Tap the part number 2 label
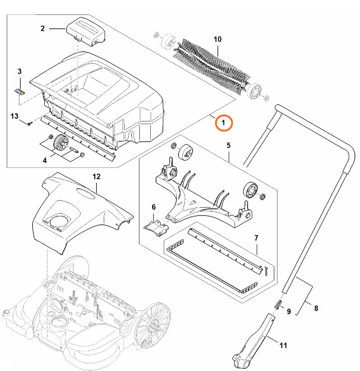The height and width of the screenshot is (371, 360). (x=42, y=28)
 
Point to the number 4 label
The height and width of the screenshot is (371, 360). (x=45, y=160)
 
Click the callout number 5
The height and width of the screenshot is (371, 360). (x=228, y=145)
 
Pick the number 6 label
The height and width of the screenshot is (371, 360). (x=153, y=207)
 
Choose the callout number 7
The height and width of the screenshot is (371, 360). (x=256, y=237)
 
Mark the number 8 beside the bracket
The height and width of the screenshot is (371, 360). (x=316, y=309)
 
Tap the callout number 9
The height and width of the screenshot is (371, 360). (x=289, y=311)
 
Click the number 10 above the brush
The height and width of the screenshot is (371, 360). (x=217, y=40)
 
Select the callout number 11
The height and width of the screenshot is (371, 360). (x=283, y=346)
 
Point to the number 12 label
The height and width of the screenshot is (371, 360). (x=96, y=176)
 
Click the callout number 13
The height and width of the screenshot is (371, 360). (x=14, y=116)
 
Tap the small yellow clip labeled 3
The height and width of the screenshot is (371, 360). (x=20, y=91)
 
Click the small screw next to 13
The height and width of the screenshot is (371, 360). (x=30, y=122)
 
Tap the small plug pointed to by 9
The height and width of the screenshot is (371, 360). (x=278, y=304)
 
